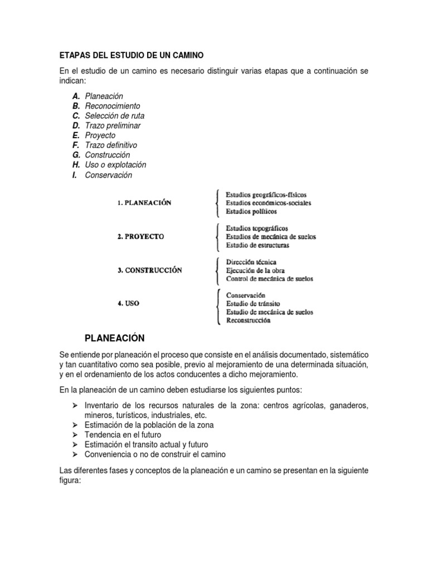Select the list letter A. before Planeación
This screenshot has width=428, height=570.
76,96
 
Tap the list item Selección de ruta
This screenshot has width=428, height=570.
115,116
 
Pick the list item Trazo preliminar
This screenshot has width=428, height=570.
113,126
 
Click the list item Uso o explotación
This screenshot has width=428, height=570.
115,165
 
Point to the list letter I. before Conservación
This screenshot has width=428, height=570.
75,175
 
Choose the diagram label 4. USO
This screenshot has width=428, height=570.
128,304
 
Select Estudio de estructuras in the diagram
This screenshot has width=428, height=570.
257,245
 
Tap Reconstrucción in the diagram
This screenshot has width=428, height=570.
249,320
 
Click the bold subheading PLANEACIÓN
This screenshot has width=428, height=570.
114,338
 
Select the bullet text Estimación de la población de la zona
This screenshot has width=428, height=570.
149,425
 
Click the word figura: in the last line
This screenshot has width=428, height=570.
70,480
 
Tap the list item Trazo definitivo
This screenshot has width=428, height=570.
111,145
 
